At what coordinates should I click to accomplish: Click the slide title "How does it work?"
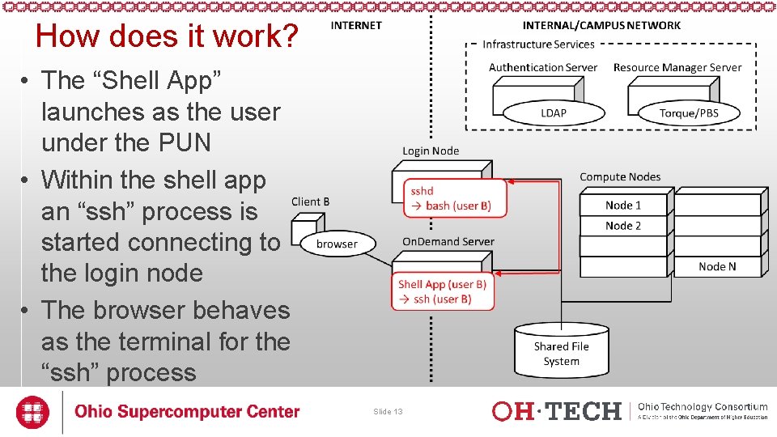pyautogui.click(x=168, y=36)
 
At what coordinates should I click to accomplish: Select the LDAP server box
pyautogui.click(x=554, y=112)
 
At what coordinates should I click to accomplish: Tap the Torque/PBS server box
pyautogui.click(x=688, y=112)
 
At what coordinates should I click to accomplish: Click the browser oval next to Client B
pyautogui.click(x=337, y=244)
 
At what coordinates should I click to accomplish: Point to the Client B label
pyautogui.click(x=310, y=202)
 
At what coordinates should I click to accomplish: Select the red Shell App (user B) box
pyautogui.click(x=443, y=292)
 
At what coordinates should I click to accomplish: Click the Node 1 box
pyautogui.click(x=623, y=205)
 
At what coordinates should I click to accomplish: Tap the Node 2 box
pyautogui.click(x=623, y=226)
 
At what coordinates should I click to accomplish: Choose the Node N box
pyautogui.click(x=717, y=266)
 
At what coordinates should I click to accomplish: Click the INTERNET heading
pyautogui.click(x=356, y=25)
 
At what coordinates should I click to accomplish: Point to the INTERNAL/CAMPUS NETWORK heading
pyautogui.click(x=601, y=25)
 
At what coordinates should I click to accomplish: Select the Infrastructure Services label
pyautogui.click(x=538, y=45)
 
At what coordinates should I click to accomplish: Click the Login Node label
pyautogui.click(x=431, y=151)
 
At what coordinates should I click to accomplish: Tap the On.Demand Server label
pyautogui.click(x=448, y=241)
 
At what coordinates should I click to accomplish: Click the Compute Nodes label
pyautogui.click(x=620, y=176)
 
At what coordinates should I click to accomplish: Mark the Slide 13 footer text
pyautogui.click(x=388, y=412)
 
